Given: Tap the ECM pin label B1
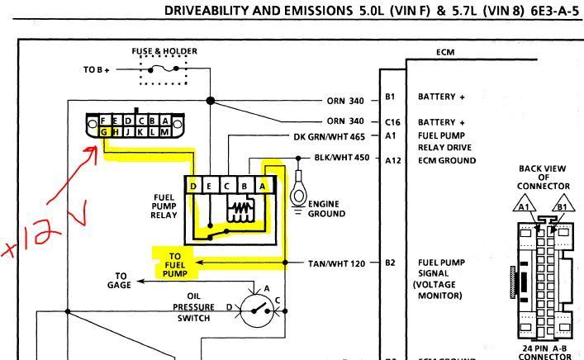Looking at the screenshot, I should point(391,97).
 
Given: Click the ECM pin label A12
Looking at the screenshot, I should point(392,160).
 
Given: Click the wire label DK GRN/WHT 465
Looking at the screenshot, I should point(330,135).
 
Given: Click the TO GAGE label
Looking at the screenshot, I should point(121,281).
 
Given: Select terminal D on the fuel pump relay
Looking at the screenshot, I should point(193,187).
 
